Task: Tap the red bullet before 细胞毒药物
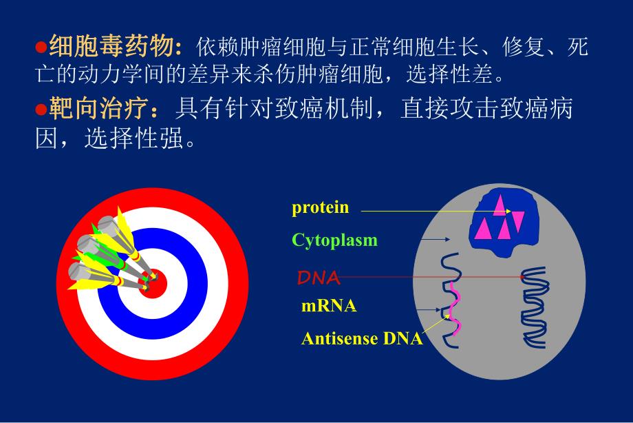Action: pos(40,47)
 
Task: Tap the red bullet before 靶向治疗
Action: pos(40,108)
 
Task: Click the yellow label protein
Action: pos(320,207)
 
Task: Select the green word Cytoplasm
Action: pos(334,240)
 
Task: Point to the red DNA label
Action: pos(318,278)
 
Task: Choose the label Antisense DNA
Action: pos(362,338)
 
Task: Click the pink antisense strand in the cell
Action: pos(454,310)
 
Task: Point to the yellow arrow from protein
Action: pos(427,211)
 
